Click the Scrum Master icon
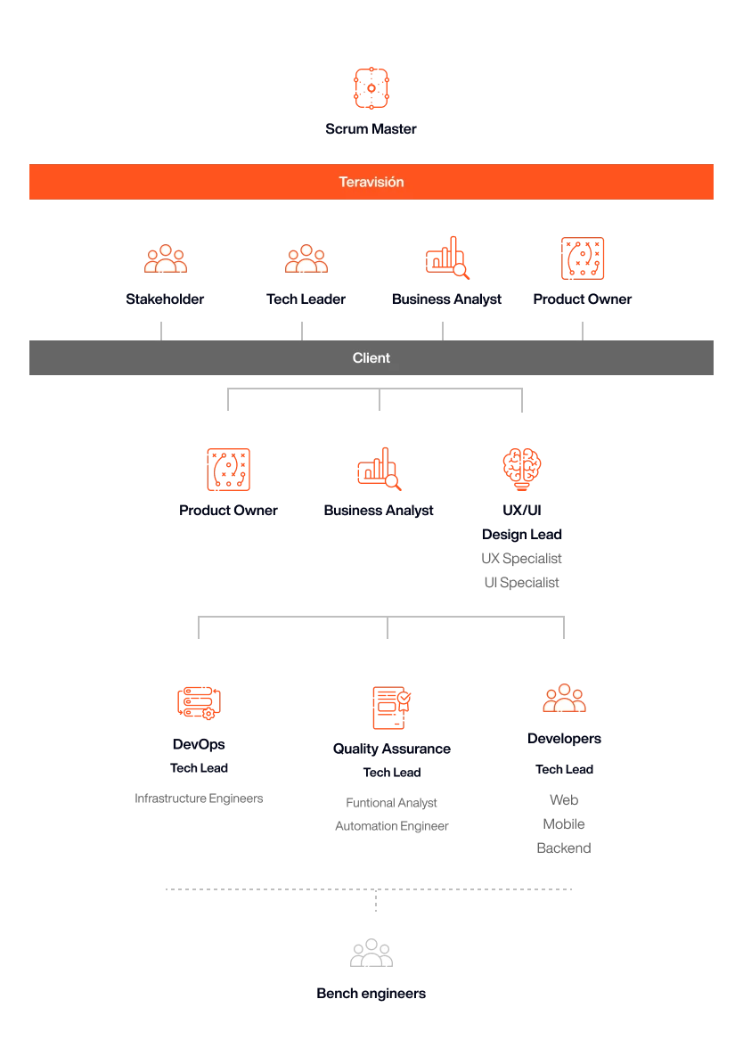pos(371,88)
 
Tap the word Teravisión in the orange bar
pos(371,182)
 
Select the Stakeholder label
pos(165,299)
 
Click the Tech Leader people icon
pos(306,258)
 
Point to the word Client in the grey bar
pos(371,358)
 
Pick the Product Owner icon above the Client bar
pos(583,258)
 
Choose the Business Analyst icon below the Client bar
pos(380,469)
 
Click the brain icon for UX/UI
pos(522,469)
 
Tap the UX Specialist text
pos(522,559)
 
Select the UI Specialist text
pos(522,582)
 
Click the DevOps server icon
pos(199,703)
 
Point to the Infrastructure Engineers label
pos(199,798)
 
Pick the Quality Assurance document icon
pos(392,708)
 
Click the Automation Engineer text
pos(392,826)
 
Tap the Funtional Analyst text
pos(392,803)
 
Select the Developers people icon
pos(565,698)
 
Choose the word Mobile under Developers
pos(564,823)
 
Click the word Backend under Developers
pos(564,848)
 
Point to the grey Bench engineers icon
pos(371,953)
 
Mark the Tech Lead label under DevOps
pos(199,768)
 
